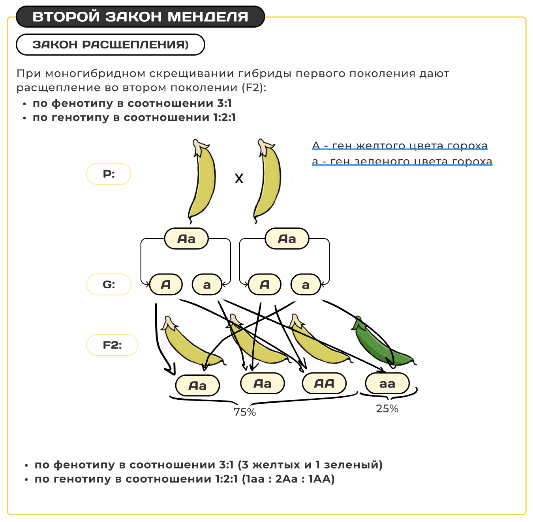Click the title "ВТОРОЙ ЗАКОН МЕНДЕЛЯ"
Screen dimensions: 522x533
pyautogui.click(x=140, y=17)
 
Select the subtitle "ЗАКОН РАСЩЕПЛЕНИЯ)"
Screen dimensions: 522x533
pyautogui.click(x=111, y=45)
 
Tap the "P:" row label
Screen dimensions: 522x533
pyautogui.click(x=109, y=174)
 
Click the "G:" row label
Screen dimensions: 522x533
pyautogui.click(x=109, y=284)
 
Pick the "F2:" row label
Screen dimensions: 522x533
pyautogui.click(x=112, y=345)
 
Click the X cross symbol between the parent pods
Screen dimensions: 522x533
pyautogui.click(x=239, y=179)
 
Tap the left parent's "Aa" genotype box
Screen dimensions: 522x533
pyautogui.click(x=186, y=239)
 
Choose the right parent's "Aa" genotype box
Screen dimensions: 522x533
pyautogui.click(x=287, y=239)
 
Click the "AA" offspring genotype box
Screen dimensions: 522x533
pyautogui.click(x=324, y=383)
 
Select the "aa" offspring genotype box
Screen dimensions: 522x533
pyautogui.click(x=387, y=383)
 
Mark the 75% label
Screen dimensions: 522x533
pyautogui.click(x=245, y=412)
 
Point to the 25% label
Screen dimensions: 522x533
pyautogui.click(x=387, y=408)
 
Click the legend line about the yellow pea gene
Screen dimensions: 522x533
pyautogui.click(x=400, y=145)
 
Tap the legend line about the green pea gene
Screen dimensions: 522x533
pyautogui.click(x=402, y=161)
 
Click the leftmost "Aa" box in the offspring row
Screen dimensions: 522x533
pyautogui.click(x=197, y=385)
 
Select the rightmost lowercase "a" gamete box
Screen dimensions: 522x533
pyautogui.click(x=306, y=284)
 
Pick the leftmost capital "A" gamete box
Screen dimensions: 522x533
pyautogui.click(x=166, y=284)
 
